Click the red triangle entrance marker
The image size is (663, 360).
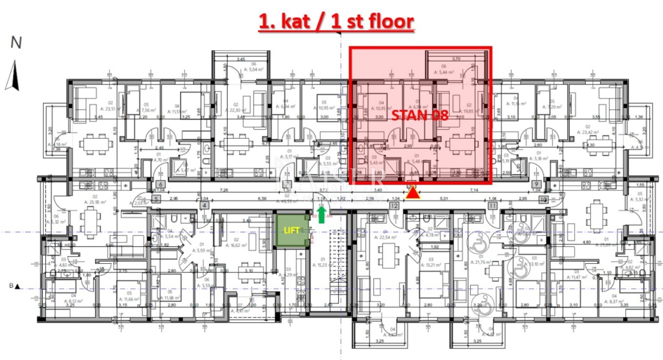click(x=413, y=193)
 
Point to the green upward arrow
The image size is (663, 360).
click(x=322, y=214)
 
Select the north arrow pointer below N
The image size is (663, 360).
click(x=12, y=75)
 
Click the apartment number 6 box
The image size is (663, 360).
click(x=160, y=185)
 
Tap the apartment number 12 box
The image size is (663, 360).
click(x=394, y=206)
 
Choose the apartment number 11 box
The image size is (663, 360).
click(x=491, y=206)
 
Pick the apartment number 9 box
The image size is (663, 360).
click(x=535, y=185)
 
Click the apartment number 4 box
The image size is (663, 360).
click(x=204, y=206)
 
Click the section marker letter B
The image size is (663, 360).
click(x=10, y=286)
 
